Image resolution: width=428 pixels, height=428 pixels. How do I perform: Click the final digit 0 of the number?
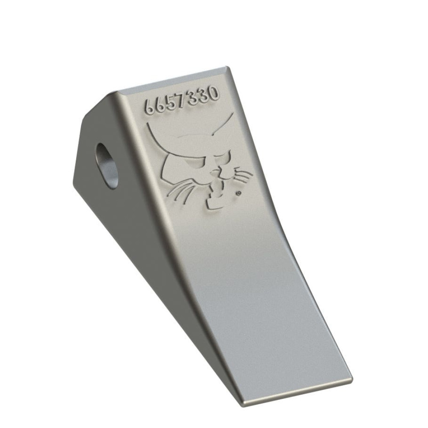tap(213, 92)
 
